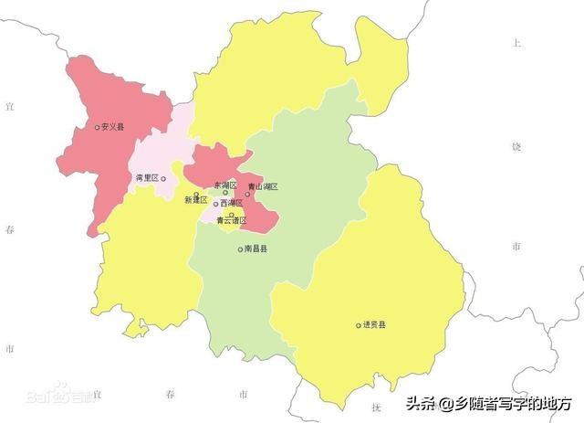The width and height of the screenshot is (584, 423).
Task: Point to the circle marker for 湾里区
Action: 163,179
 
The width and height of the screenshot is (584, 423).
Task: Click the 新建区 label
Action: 195,199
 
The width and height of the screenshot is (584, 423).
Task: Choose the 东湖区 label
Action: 224,185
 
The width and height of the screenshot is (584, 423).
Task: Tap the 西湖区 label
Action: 232,203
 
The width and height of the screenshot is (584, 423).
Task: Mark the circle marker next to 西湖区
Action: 216,204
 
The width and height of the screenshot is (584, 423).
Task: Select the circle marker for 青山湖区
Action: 246,194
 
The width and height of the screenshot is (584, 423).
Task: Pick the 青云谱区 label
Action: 232,220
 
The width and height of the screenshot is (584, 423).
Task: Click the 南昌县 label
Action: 255,249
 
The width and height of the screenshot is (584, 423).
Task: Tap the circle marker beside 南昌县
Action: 240,249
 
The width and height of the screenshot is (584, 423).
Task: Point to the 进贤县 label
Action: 374,324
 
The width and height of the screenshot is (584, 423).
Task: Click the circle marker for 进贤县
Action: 359,324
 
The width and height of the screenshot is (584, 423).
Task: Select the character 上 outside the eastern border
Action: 516,43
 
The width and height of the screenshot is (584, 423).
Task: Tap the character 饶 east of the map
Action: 516,146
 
